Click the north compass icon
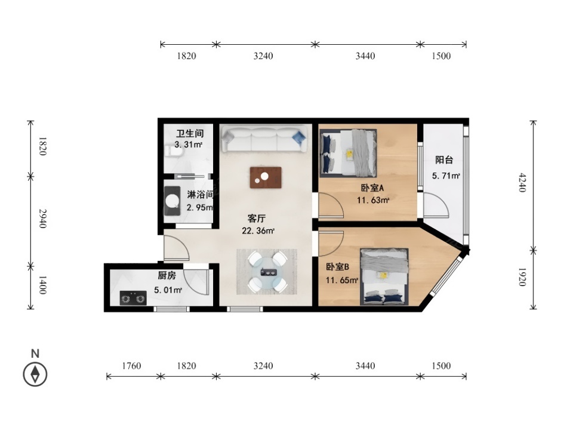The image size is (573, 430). click(35, 374)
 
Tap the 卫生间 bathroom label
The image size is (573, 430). click(190, 133)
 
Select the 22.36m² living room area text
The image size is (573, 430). click(258, 231)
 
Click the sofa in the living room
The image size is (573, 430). click(264, 139)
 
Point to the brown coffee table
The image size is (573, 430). click(266, 178)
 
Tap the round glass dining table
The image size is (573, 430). click(267, 271)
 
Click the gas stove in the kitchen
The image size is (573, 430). click(133, 298)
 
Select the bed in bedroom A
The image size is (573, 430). click(348, 152)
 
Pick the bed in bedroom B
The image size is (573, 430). click(384, 277)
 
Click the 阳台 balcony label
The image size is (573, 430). click(444, 160)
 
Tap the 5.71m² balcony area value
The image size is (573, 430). click(446, 176)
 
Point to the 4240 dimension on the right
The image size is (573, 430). click(522, 183)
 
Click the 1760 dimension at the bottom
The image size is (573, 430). click(131, 365)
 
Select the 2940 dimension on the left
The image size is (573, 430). click(43, 219)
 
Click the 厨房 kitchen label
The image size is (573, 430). click(167, 275)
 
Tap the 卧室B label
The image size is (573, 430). click(337, 267)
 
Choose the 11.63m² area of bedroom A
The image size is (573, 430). click(372, 200)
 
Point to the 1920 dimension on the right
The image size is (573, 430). click(522, 277)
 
